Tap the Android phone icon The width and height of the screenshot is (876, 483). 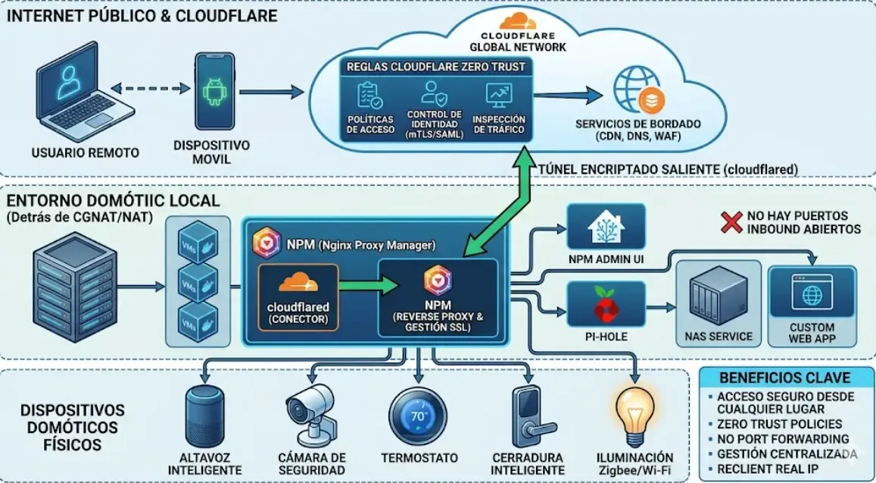click(x=212, y=90)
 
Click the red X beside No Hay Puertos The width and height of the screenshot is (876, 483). click(x=730, y=222)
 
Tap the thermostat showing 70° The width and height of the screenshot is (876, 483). click(x=419, y=417)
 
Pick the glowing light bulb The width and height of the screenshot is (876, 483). click(x=634, y=413)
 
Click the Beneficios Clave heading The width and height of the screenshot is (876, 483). click(x=784, y=378)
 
